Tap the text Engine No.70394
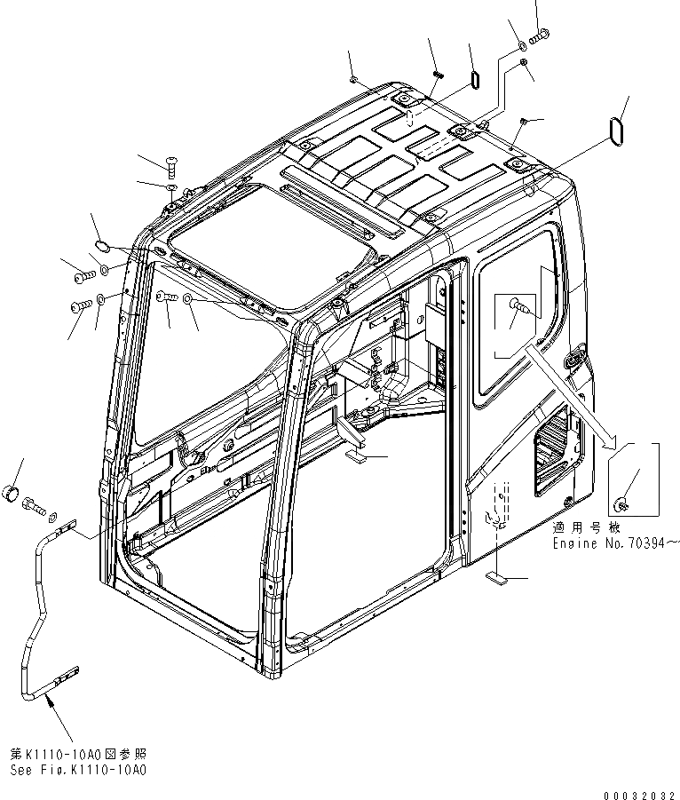[x=614, y=542]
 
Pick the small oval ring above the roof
[x=475, y=79]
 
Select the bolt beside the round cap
[x=36, y=506]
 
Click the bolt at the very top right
[x=539, y=36]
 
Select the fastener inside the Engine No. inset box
[x=624, y=504]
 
